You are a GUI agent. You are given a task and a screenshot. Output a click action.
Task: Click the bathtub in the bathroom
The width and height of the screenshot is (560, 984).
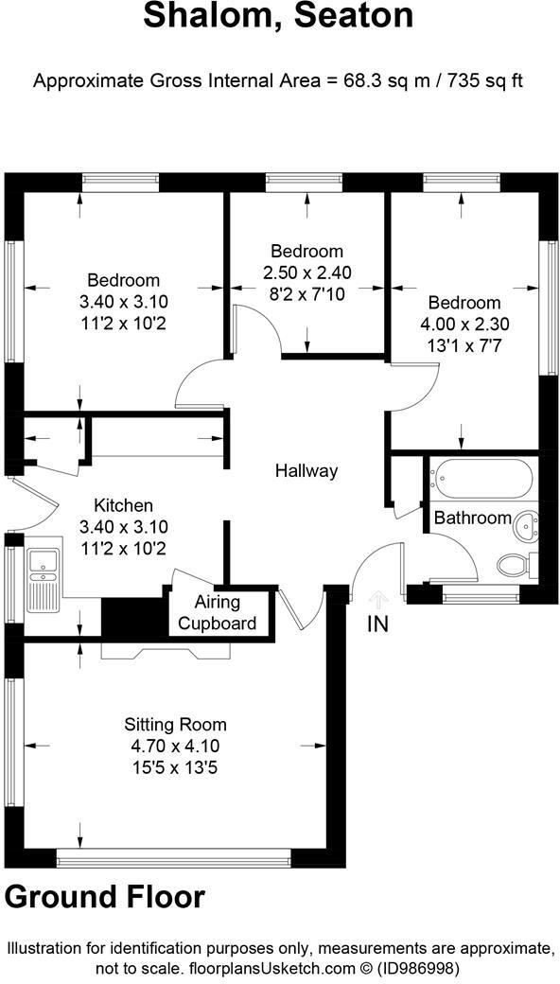[482, 480]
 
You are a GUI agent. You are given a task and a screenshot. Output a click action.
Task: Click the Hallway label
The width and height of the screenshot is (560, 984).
[306, 470]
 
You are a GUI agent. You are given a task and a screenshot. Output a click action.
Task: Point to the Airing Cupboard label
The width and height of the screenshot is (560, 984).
[217, 612]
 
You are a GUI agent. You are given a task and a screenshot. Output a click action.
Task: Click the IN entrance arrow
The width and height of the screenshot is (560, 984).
[378, 599]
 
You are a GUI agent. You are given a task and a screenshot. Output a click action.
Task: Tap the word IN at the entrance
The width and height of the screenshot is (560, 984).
[378, 624]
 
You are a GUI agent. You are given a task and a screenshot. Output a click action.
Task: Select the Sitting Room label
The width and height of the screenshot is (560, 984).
[175, 725]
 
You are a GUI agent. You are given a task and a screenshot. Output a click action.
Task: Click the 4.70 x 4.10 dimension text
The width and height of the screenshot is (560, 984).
[175, 745]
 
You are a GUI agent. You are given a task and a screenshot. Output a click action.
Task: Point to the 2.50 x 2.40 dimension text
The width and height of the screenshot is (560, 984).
[306, 272]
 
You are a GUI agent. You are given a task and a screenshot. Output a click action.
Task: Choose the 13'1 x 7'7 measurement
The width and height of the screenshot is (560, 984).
[464, 344]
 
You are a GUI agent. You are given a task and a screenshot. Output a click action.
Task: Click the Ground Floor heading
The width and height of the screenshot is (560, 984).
[104, 896]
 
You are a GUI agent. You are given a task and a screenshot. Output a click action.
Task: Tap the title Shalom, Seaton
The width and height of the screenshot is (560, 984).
[278, 17]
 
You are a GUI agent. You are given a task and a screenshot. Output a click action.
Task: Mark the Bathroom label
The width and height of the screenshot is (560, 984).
[472, 518]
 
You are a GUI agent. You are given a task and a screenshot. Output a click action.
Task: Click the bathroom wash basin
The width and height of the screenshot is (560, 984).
[525, 519]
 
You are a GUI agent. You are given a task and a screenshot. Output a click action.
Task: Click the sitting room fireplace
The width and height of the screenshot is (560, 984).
[166, 650]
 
